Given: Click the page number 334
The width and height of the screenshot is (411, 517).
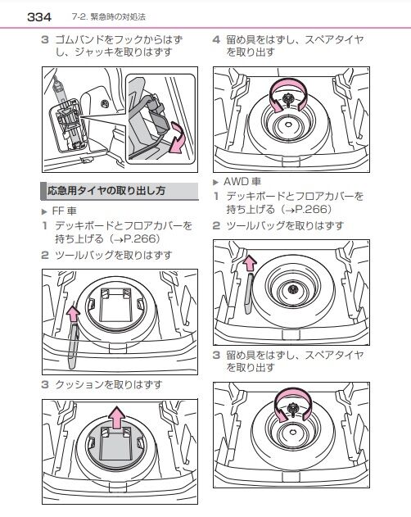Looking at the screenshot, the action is tap(39, 17).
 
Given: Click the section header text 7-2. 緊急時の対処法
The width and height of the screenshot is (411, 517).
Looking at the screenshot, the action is tap(108, 17).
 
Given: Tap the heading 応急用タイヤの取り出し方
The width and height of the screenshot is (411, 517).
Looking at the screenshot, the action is tap(106, 191).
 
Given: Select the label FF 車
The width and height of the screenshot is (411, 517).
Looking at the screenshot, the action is tap(65, 211).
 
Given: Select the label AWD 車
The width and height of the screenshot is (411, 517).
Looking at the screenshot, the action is tap(242, 181).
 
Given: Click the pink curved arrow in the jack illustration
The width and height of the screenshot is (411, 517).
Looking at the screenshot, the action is tap(176, 138).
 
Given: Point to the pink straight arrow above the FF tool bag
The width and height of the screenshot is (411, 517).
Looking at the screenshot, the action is tap(73, 314).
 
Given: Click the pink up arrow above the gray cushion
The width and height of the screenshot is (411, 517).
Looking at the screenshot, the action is tap(117, 417).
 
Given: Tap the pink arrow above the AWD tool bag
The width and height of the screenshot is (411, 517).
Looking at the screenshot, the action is tap(250, 263).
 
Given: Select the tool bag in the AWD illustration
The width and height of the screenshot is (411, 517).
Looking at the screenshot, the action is tap(250, 293).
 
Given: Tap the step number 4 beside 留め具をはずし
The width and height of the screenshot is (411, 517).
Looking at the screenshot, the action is tap(216, 40).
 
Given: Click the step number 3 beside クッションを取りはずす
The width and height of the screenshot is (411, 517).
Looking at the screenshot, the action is tap(45, 384).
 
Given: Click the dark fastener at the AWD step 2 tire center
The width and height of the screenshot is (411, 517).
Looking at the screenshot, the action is tap(291, 289).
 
